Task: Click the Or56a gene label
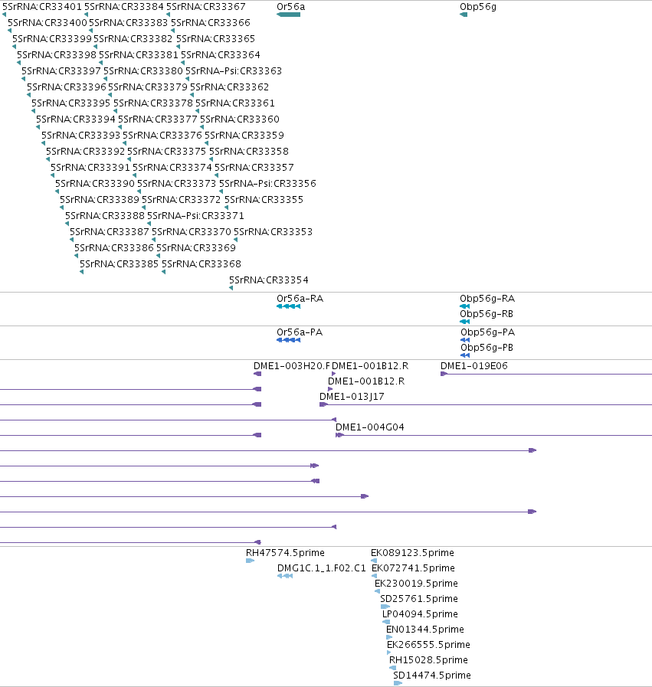tap(290, 7)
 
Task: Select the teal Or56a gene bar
tap(288, 15)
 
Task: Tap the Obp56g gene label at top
tap(477, 7)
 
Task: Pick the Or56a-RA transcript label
tap(300, 299)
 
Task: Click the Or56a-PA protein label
tap(300, 332)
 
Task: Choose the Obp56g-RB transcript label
tap(487, 314)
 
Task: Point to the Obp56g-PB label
tap(487, 348)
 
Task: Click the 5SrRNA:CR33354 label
tap(269, 280)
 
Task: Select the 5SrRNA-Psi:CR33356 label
tap(267, 184)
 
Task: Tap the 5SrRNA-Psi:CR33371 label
tap(195, 215)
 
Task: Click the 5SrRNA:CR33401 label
tap(42, 7)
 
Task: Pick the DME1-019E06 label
tap(473, 366)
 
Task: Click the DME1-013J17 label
tap(352, 397)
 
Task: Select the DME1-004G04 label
tap(369, 427)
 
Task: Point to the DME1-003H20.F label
tap(292, 366)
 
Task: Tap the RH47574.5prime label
tap(285, 553)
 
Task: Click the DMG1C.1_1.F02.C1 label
tap(321, 568)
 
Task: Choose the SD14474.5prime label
tap(431, 676)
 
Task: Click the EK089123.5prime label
tap(412, 553)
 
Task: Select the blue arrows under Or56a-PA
tap(288, 340)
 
